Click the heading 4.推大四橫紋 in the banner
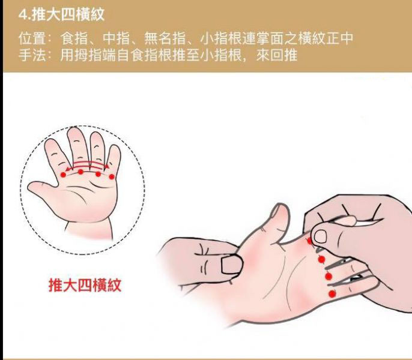(x=61, y=14)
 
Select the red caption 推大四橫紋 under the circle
(x=85, y=285)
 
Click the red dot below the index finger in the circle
(x=63, y=175)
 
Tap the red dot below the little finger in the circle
(x=112, y=177)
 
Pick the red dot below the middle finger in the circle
(x=80, y=172)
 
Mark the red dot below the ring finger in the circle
(x=98, y=174)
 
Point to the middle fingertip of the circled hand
(x=74, y=131)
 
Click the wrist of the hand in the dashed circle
(x=89, y=229)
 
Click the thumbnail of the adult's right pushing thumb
(x=320, y=236)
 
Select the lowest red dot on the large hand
(x=332, y=294)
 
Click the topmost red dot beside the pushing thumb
(x=309, y=241)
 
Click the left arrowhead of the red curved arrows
(x=68, y=169)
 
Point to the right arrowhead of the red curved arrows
(x=107, y=166)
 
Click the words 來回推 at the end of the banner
(x=277, y=55)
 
